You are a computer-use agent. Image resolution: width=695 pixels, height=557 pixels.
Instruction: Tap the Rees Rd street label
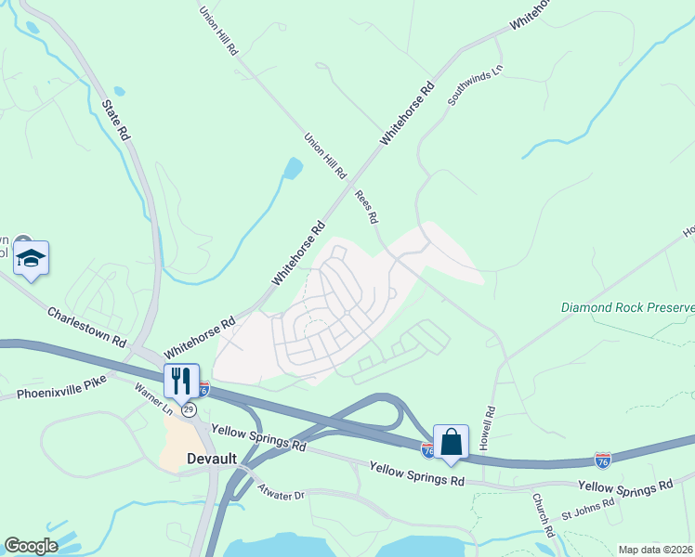(367, 207)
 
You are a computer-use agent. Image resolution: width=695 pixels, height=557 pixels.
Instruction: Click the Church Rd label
(544, 515)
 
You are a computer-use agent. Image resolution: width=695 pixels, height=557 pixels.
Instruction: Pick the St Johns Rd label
(587, 508)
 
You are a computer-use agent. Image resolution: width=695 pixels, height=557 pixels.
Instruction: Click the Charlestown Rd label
(86, 326)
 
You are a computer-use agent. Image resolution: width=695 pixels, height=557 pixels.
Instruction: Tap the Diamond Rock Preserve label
(627, 307)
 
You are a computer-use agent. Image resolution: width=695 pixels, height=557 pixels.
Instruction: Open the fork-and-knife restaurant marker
(180, 380)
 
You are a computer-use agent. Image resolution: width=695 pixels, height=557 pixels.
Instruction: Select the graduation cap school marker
(31, 258)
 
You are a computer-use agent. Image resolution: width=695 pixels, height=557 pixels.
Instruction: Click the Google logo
(31, 546)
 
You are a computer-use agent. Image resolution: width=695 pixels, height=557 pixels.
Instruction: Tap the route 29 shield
(189, 408)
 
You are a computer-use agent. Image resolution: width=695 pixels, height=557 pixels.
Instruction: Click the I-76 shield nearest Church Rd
(603, 460)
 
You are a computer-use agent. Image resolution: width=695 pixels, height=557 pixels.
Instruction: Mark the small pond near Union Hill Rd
(294, 169)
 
